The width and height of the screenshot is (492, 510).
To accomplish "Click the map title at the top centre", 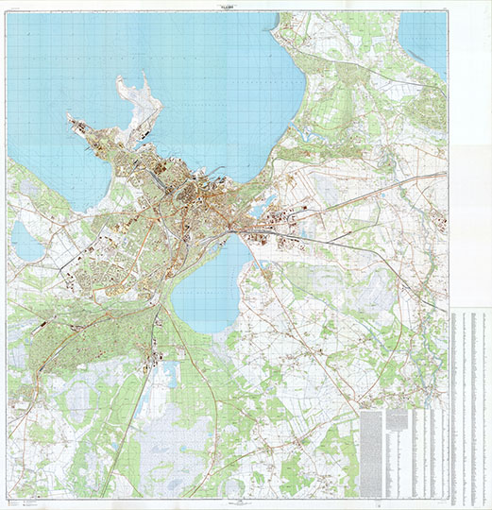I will point(246,7).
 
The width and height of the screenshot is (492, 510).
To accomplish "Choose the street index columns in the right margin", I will point(469,406).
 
